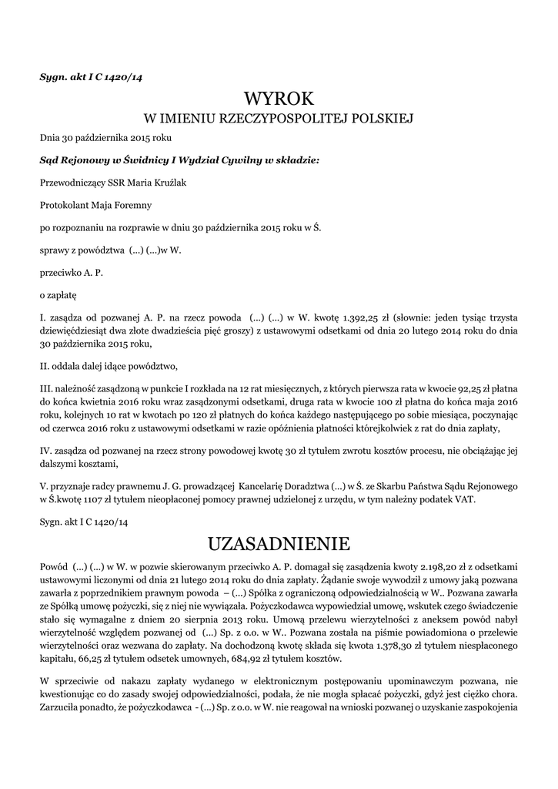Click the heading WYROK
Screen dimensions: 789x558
(x=279, y=99)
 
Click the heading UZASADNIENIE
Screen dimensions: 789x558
(x=279, y=544)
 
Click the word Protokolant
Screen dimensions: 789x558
(x=65, y=205)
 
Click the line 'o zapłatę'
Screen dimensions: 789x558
(x=58, y=294)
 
